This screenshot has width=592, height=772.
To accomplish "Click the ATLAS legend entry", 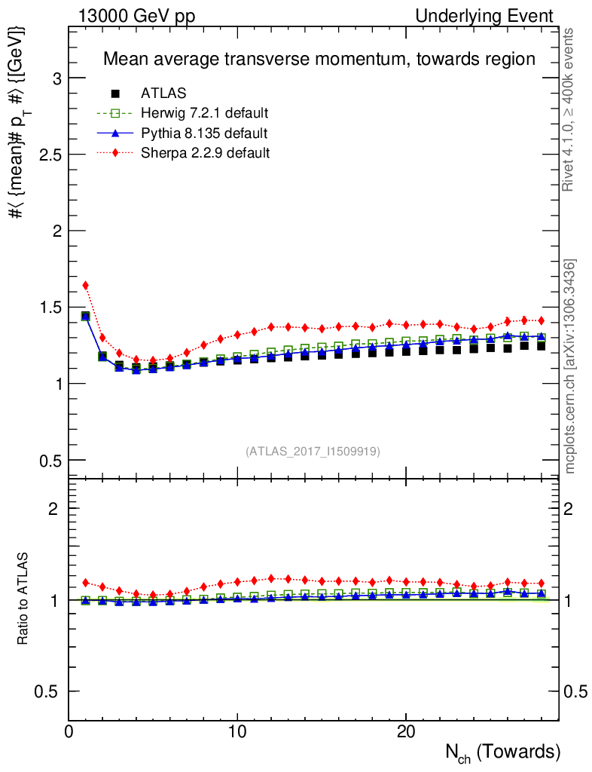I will [163, 93].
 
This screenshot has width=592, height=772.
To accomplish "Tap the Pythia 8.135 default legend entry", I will [204, 133].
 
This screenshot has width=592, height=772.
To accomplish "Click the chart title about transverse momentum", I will [319, 59].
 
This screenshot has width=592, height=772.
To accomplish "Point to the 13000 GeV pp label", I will [136, 16].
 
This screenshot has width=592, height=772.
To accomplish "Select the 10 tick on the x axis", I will [237, 732].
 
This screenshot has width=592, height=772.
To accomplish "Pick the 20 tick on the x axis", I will [406, 732].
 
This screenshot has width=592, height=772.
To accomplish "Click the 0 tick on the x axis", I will [69, 732].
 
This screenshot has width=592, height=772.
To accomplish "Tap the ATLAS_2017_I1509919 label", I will [313, 452].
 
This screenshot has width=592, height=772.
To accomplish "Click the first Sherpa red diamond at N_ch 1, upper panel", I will [86, 285].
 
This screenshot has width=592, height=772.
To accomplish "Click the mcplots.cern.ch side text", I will [570, 366].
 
